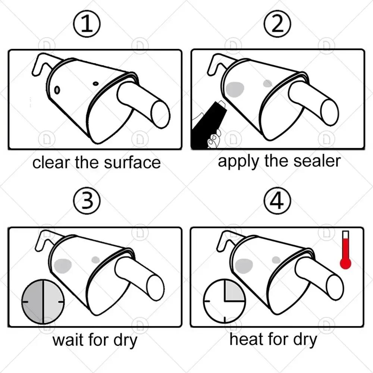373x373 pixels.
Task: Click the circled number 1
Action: pyautogui.click(x=87, y=25)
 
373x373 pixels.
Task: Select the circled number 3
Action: pyautogui.click(x=87, y=202)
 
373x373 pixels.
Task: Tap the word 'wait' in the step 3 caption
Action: pyautogui.click(x=68, y=340)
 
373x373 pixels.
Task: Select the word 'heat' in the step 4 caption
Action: pyautogui.click(x=245, y=339)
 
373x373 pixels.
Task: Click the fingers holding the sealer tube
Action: pyautogui.click(x=214, y=139)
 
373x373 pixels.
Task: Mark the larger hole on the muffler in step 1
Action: pyautogui.click(x=57, y=90)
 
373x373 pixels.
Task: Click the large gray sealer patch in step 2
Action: pyautogui.click(x=235, y=89)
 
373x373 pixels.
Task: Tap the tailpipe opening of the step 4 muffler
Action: pyautogui.click(x=333, y=288)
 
